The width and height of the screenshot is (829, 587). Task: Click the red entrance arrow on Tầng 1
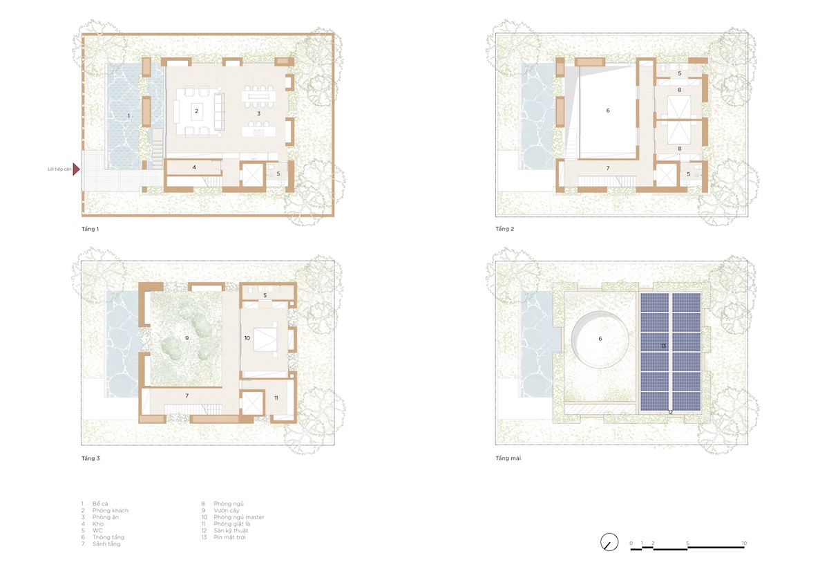click(x=76, y=169)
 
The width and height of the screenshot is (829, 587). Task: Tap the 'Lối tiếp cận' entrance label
click(x=59, y=169)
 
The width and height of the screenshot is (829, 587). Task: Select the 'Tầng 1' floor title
click(x=90, y=229)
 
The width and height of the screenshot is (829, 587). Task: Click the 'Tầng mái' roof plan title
click(x=508, y=458)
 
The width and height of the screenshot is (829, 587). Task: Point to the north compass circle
click(x=609, y=542)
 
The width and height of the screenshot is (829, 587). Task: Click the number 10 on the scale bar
click(x=744, y=543)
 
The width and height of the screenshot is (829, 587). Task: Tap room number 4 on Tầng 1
click(x=194, y=167)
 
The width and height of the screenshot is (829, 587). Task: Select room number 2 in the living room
click(x=196, y=111)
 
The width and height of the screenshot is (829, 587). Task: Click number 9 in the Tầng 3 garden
click(x=187, y=338)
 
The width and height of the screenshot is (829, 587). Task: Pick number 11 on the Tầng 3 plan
click(x=276, y=398)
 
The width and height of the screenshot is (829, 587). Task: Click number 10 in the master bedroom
click(x=247, y=338)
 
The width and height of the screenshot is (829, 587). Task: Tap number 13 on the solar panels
click(x=664, y=346)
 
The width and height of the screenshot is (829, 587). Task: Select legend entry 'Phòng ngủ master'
click(x=239, y=517)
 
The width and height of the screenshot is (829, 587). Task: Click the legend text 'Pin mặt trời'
click(x=229, y=537)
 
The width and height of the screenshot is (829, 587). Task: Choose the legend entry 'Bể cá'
click(x=100, y=503)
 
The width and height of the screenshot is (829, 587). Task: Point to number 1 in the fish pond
click(x=128, y=116)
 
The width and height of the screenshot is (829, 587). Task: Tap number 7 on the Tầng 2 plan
click(x=608, y=168)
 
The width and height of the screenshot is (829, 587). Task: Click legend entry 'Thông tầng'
click(x=108, y=537)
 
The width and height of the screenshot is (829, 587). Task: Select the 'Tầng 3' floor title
click(x=90, y=458)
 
